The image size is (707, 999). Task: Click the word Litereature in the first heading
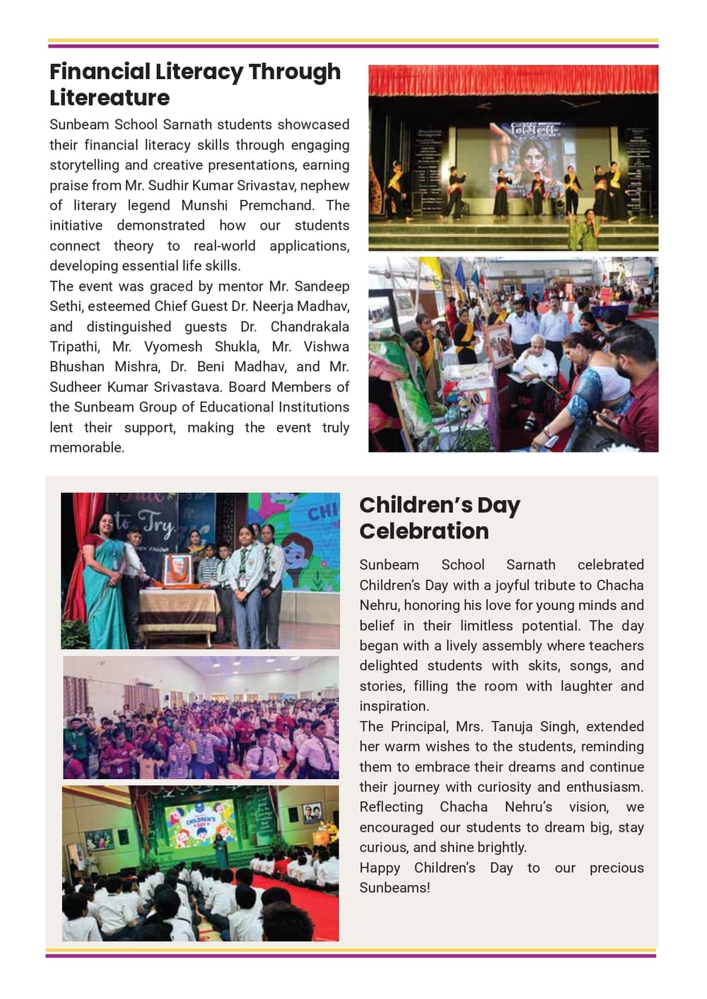pos(110,98)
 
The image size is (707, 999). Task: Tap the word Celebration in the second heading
pos(423,531)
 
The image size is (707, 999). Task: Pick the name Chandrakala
pos(309,327)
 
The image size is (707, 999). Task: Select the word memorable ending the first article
pos(86,448)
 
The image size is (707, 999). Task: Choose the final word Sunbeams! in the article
pos(394,887)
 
